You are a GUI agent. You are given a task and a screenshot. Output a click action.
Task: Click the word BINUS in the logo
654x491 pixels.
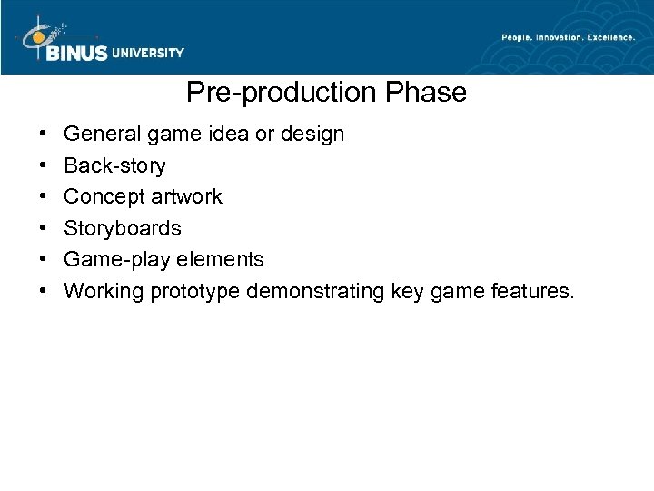(x=75, y=53)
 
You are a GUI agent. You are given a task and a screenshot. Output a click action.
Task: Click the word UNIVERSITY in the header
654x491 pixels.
(x=148, y=54)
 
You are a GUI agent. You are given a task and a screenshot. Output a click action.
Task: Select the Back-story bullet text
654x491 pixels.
(x=114, y=165)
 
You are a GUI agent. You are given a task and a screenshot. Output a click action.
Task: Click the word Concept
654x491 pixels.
(x=103, y=197)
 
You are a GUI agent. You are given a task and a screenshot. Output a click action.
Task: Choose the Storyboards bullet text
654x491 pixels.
(x=123, y=228)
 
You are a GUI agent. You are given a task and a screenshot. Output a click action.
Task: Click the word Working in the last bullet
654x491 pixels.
(x=99, y=291)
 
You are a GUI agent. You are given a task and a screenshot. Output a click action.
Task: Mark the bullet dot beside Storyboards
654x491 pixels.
(x=45, y=229)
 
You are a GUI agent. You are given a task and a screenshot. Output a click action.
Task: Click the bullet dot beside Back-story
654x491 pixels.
(x=45, y=166)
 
